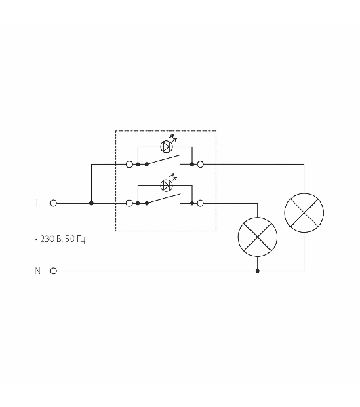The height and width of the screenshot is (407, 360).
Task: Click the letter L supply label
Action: click(37, 203)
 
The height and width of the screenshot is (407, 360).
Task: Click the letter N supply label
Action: click(37, 271)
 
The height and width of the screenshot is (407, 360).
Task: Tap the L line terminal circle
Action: click(53, 203)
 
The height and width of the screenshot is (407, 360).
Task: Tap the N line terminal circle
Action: click(53, 271)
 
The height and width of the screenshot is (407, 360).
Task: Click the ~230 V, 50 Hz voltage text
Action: click(58, 239)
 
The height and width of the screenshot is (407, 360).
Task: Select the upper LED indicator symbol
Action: click(166, 147)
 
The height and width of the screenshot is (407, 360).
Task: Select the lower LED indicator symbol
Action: click(166, 186)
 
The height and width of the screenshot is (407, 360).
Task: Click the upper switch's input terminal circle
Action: click(129, 164)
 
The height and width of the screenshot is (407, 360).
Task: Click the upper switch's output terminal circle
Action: click(201, 164)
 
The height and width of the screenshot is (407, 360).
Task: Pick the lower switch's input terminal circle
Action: click(129, 203)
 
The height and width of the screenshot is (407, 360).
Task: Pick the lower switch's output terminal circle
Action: click(201, 203)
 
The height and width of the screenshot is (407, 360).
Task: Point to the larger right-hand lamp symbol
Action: click(304, 213)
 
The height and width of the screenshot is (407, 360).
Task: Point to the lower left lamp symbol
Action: click(258, 237)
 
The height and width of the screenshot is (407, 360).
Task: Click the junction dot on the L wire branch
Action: click(92, 203)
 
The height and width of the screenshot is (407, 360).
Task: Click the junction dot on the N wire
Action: click(258, 271)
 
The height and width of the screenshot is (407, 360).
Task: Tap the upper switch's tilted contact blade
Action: click(163, 159)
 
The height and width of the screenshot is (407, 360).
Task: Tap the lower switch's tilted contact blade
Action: click(163, 199)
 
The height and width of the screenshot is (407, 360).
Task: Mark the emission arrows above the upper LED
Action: click(174, 138)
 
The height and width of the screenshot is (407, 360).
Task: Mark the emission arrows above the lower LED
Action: click(174, 177)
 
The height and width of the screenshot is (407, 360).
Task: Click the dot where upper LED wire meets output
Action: click(192, 164)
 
